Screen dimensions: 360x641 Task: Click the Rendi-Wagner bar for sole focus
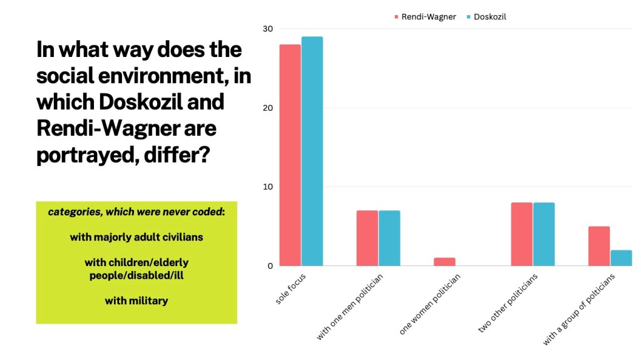click(290, 155)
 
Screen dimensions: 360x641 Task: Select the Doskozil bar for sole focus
click(312, 152)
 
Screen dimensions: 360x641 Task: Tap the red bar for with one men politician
click(367, 238)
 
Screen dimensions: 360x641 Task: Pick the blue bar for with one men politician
click(389, 238)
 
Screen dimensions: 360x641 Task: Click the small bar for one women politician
click(444, 262)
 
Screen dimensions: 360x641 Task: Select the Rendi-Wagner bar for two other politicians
click(521, 234)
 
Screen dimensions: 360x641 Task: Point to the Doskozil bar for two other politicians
click(543, 234)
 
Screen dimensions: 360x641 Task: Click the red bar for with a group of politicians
click(599, 246)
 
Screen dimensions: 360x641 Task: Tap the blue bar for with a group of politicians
click(621, 258)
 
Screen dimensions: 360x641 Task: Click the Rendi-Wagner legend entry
click(428, 17)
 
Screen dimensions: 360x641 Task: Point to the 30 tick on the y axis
click(268, 29)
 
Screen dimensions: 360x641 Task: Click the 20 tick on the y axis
click(268, 108)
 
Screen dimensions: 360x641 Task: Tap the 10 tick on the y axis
click(268, 187)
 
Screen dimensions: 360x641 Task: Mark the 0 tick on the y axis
click(270, 266)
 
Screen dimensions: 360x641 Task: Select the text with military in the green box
click(136, 301)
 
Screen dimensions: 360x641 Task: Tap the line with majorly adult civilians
click(136, 237)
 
